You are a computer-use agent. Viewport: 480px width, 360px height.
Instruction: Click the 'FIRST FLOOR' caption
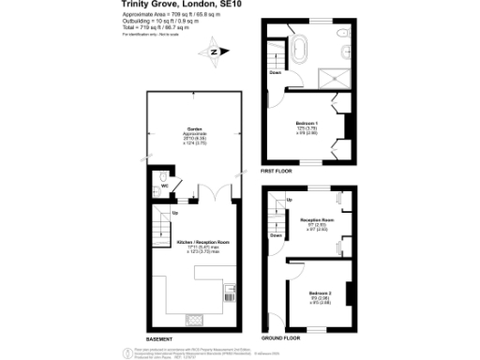point(277,172)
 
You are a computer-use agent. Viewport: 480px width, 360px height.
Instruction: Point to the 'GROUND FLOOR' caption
point(280,337)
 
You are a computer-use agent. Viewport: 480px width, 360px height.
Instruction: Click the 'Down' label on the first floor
point(275,72)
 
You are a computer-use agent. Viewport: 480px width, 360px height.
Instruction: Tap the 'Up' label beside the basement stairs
point(175,214)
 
